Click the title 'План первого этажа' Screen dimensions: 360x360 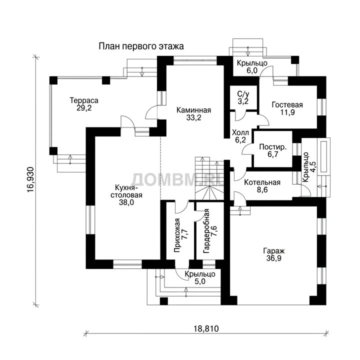pos(141,46)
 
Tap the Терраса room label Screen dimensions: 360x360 pos(84,100)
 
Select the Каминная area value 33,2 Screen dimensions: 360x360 pos(194,117)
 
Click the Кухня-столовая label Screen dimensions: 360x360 pos(126,191)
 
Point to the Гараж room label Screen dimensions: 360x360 pos(274,250)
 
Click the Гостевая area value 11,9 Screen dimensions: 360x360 pos(287,112)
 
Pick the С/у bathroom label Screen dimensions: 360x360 pos(243,93)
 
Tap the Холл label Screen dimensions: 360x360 pos(240,132)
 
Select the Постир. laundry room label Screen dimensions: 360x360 pos(273,146)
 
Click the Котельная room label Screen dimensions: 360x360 pos(262,182)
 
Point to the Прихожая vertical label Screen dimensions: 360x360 pos(177,235)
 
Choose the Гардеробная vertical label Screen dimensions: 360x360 pos(206,231)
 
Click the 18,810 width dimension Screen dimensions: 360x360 pos(206,329)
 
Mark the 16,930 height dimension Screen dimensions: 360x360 pos(31,179)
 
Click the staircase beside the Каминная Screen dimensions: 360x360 pos(209,178)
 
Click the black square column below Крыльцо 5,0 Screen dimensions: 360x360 pos(163,301)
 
